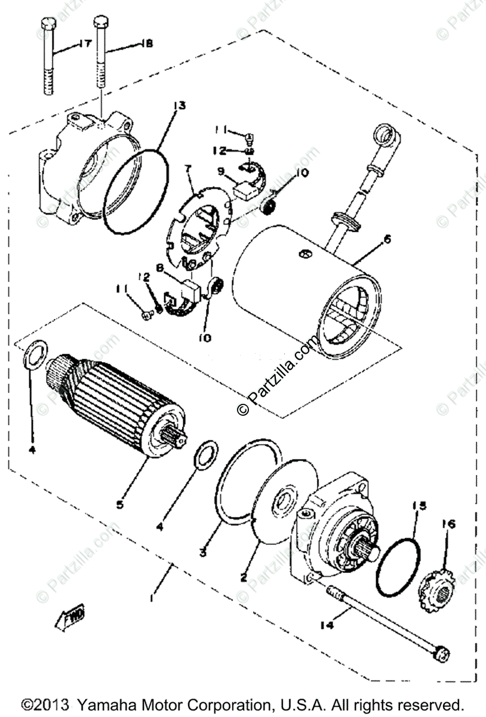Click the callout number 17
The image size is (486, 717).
[84, 43]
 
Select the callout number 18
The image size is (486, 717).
[146, 43]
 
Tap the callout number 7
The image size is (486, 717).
[189, 170]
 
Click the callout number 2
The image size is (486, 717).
[244, 578]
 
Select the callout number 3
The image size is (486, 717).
[204, 553]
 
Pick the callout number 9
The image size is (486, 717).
[221, 171]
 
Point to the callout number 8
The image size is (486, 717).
[159, 268]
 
